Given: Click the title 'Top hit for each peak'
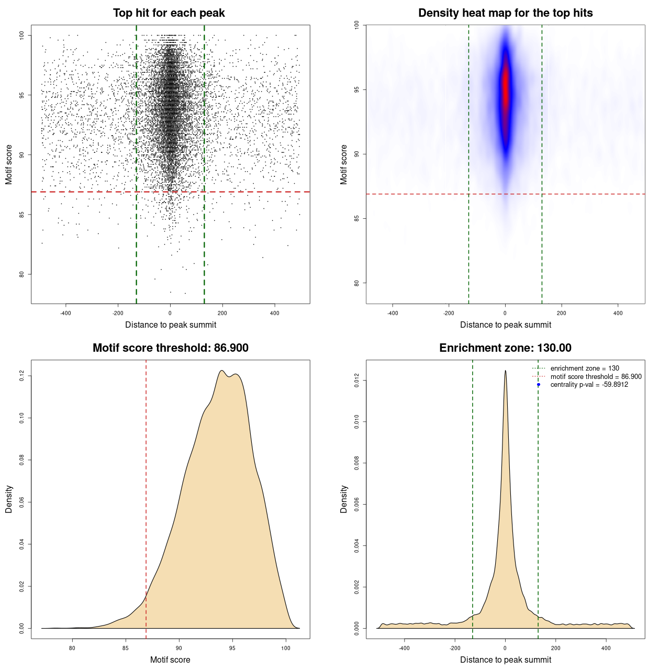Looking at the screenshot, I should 169,13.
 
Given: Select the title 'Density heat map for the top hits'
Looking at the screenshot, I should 505,13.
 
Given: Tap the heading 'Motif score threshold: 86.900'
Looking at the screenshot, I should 170,348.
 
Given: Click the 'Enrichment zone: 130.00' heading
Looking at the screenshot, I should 505,348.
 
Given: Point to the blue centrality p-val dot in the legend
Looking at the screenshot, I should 539,385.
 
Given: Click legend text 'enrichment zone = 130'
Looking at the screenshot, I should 584,368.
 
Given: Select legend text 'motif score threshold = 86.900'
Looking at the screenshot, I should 596,377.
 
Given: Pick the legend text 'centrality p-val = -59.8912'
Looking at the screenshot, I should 589,385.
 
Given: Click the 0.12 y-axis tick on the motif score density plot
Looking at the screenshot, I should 22,376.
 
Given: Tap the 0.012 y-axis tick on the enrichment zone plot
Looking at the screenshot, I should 357,380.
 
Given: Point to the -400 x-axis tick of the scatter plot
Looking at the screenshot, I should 65,313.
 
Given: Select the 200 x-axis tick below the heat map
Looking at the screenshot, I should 561,313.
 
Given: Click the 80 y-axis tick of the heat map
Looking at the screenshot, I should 357,283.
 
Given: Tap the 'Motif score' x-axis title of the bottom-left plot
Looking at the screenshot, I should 170,660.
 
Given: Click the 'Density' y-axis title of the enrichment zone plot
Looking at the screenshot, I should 344,499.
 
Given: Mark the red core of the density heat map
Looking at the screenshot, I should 505,89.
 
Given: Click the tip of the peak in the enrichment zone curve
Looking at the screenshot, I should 505,371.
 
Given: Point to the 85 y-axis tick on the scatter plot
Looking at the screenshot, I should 22,215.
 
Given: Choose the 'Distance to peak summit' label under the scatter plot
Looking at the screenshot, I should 170,325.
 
